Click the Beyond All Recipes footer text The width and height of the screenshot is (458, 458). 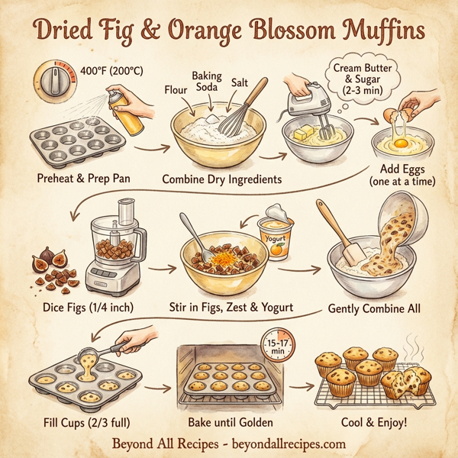[228, 443]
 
